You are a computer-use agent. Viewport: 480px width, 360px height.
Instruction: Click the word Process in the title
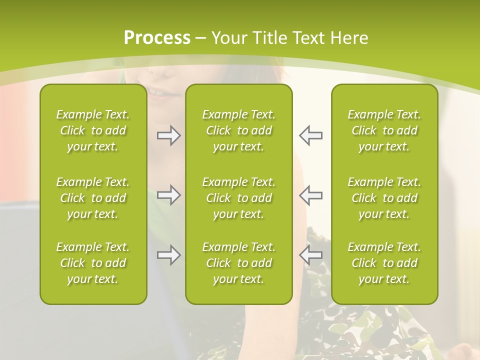[x=157, y=38]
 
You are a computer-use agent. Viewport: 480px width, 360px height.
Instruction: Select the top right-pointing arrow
[x=168, y=135]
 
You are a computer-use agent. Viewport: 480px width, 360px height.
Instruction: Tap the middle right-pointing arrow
[x=168, y=195]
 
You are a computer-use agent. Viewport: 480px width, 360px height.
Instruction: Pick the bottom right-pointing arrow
[x=168, y=255]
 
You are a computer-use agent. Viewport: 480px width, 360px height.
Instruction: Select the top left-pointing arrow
[x=311, y=135]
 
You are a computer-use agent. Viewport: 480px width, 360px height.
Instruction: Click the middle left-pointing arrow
[x=311, y=195]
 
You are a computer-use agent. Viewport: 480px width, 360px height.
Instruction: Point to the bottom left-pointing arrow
[x=311, y=255]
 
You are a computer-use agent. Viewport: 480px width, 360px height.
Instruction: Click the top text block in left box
[x=93, y=130]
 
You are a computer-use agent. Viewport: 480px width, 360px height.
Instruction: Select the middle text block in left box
[x=93, y=198]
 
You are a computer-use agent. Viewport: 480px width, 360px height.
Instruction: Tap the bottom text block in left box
[x=93, y=263]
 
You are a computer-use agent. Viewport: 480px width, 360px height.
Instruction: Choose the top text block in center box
[x=238, y=130]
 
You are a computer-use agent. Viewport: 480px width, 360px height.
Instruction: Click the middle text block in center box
[x=238, y=198]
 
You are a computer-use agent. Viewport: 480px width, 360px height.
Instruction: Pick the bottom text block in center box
[x=238, y=263]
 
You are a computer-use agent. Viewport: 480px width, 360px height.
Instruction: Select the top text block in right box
[x=384, y=130]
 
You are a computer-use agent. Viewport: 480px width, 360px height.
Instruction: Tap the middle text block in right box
[x=384, y=198]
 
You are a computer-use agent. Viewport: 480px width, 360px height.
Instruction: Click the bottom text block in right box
[x=384, y=263]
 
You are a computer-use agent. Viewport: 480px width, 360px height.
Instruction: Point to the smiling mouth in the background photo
[x=161, y=93]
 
